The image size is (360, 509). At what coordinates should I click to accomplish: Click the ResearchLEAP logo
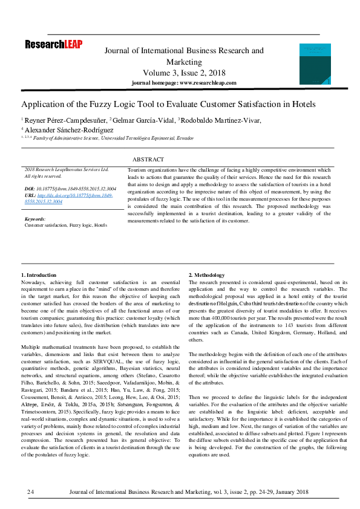tap(53, 44)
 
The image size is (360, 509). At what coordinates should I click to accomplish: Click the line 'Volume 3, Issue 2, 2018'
tap(184, 73)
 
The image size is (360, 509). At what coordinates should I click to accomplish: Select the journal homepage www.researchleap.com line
tap(184, 83)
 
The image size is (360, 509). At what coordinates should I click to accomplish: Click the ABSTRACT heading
tap(148, 160)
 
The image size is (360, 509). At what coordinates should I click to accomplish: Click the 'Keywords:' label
tap(35, 219)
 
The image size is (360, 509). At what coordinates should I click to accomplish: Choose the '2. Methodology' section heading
tap(207, 275)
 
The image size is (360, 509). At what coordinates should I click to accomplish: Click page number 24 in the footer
tap(31, 493)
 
